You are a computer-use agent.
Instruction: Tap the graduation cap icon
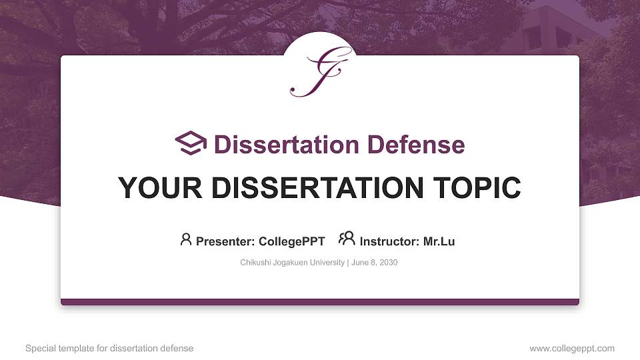pyautogui.click(x=191, y=143)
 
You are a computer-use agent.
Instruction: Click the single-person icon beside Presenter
pyautogui.click(x=186, y=239)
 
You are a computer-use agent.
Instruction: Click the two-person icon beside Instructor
pyautogui.click(x=347, y=239)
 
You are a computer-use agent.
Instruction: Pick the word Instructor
pyautogui.click(x=389, y=241)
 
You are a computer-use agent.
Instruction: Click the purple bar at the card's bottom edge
pyautogui.click(x=320, y=301)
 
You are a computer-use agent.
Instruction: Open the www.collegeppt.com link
pyautogui.click(x=572, y=348)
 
